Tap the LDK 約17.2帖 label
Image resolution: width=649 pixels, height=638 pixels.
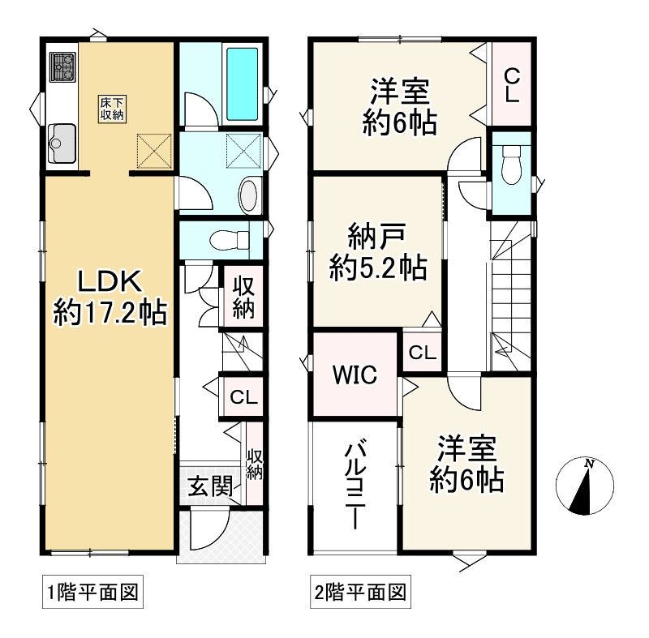[x=110, y=297]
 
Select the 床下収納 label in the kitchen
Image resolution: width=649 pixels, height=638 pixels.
[x=112, y=108]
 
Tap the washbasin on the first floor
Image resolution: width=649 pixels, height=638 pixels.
[x=249, y=195]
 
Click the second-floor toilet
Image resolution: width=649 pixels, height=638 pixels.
[x=510, y=168]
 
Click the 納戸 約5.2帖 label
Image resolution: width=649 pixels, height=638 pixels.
[x=377, y=254]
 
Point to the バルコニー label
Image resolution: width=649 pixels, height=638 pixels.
[x=355, y=485]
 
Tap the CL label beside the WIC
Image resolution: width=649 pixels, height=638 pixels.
[x=422, y=353]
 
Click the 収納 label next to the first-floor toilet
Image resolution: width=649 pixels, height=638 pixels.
[x=243, y=298]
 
